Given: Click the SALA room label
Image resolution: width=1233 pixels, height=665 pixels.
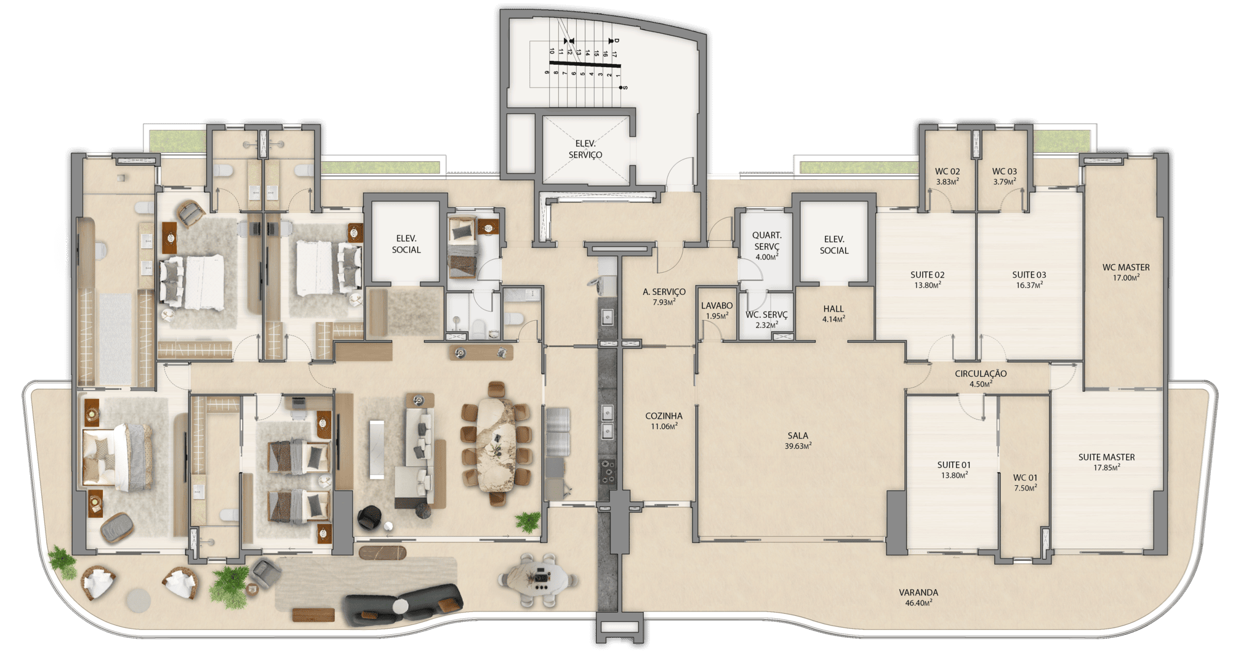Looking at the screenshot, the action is (798, 436).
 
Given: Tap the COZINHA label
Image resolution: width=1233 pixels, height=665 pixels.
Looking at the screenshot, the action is (664, 416).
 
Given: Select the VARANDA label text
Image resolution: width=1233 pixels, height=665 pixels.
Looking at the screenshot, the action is (918, 592).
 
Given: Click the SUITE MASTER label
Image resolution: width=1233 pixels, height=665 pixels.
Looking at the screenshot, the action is (1106, 457).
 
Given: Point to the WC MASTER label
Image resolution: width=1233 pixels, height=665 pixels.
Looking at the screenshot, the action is (1126, 267).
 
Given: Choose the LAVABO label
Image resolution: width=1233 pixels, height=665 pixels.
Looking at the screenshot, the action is (717, 305).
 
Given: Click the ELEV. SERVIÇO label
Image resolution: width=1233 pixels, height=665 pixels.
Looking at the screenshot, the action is (585, 149).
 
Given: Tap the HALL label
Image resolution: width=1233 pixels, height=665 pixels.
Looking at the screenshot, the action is (833, 309).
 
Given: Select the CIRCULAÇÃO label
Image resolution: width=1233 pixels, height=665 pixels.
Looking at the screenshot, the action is (981, 374).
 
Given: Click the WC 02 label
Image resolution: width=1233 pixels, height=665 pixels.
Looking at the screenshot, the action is (947, 172).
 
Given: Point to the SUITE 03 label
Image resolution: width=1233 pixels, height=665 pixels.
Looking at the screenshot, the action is (1029, 275).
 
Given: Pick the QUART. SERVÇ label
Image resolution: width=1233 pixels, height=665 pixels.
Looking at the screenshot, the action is (767, 241).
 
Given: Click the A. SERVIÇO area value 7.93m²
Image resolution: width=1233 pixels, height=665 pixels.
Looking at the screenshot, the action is (664, 302).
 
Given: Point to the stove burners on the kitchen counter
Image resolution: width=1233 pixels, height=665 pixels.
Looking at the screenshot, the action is (608, 471).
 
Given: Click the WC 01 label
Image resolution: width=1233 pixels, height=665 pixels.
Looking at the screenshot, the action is (1025, 478).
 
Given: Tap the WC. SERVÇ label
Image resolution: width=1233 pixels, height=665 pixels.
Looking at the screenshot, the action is (766, 315).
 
